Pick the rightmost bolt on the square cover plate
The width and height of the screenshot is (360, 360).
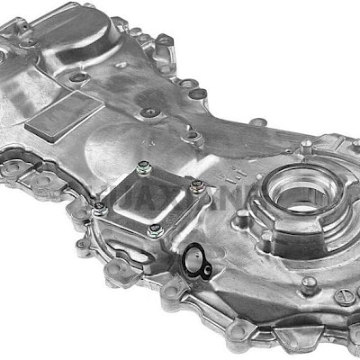pos(196,187)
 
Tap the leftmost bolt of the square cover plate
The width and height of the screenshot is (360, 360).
pos(101,208)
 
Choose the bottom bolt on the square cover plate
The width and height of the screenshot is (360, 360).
pos(155,231)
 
